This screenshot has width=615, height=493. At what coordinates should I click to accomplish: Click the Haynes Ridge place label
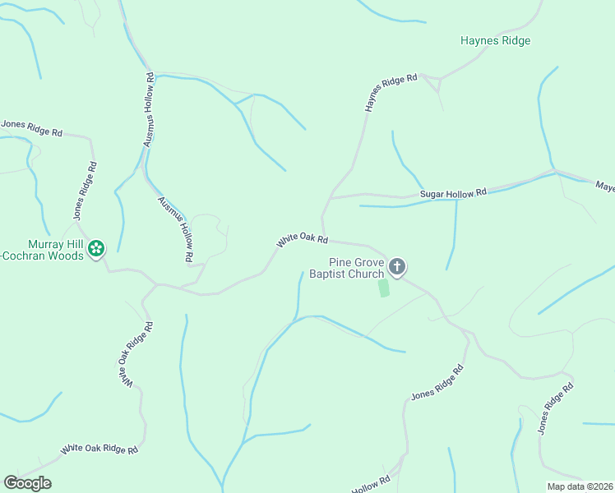coord(495,40)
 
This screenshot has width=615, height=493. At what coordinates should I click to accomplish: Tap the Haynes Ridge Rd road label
coord(391,93)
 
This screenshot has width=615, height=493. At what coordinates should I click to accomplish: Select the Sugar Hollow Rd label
coord(453,193)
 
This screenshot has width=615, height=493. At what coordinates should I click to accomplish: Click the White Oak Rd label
coord(303,240)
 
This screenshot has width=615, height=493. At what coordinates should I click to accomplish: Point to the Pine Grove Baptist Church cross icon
coord(397,266)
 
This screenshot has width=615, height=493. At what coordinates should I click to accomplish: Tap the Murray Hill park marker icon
coord(96,247)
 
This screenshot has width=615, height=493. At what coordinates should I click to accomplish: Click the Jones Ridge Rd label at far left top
coord(31,128)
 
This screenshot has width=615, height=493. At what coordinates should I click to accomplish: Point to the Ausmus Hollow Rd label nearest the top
coord(149,110)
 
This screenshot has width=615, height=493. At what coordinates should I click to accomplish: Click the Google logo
coord(27,483)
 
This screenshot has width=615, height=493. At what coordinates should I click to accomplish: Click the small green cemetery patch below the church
coord(383,288)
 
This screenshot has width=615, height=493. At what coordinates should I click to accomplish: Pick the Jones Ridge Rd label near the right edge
coord(555,408)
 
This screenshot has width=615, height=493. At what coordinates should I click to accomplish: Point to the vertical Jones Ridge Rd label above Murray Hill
coord(85,190)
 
